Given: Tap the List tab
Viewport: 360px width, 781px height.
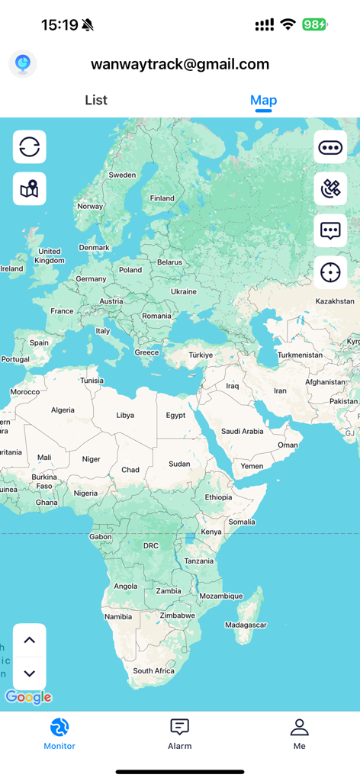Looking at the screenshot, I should (x=96, y=100).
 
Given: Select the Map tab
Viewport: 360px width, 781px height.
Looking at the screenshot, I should (x=263, y=100).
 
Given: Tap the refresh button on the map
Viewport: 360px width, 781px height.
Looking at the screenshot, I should (x=30, y=147).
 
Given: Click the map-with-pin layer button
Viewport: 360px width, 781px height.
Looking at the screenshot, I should (x=30, y=189).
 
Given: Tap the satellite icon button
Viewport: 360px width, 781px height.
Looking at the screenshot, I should (x=330, y=189).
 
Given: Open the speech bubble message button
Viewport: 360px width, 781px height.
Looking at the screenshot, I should (x=330, y=230).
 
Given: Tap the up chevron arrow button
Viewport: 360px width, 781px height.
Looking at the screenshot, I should (x=30, y=641).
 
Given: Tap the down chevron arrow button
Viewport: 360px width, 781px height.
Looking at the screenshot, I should (x=30, y=673).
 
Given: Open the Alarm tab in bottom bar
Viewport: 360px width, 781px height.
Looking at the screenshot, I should (x=180, y=734).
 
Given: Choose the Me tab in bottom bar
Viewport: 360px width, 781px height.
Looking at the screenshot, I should (x=299, y=734).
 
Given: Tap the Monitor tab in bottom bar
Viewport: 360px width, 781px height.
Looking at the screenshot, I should (x=59, y=734).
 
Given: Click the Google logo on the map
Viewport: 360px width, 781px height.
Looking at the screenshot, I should (x=28, y=697).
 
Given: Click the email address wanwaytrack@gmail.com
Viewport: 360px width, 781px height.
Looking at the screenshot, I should (x=180, y=64).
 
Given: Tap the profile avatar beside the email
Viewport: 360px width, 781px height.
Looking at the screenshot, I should (x=23, y=64).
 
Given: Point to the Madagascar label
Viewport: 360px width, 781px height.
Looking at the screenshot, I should (x=246, y=625).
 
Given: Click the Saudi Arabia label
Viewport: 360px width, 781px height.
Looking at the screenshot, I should (x=242, y=431).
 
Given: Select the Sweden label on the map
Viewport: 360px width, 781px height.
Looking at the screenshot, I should (x=122, y=175).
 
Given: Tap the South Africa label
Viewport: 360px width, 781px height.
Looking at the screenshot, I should (x=154, y=671).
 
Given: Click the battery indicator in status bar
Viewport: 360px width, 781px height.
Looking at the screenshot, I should (x=314, y=24).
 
